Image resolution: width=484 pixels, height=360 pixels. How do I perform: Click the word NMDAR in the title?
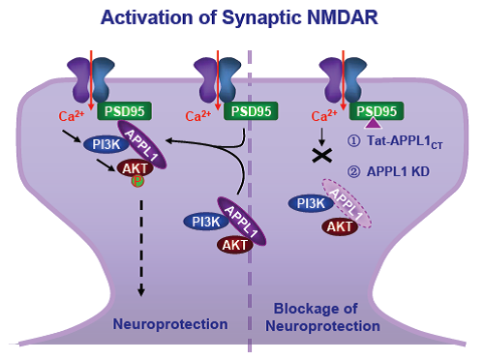[342, 17]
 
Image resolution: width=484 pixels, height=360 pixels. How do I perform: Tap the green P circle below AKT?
[137, 181]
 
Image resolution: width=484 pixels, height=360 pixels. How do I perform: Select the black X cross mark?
[322, 156]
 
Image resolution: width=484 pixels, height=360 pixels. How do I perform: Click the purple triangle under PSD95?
[374, 123]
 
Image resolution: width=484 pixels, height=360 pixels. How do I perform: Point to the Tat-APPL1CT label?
[405, 141]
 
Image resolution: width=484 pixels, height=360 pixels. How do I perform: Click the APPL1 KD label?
[398, 171]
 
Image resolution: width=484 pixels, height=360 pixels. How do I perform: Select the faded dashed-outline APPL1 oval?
[348, 203]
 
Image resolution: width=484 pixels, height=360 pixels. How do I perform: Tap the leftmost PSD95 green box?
[124, 111]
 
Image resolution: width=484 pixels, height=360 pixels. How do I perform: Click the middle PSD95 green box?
[251, 111]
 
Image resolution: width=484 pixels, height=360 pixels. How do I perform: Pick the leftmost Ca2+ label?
[72, 115]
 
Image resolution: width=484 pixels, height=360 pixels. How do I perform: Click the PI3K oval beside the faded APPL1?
[311, 203]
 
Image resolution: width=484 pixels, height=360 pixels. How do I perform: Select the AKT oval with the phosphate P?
[135, 168]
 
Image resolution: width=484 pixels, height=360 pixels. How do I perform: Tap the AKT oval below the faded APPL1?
[340, 226]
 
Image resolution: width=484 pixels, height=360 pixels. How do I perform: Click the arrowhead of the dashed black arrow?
[141, 291]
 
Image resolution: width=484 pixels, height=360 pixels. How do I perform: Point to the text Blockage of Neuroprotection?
[322, 317]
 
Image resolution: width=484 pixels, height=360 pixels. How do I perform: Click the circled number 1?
[354, 141]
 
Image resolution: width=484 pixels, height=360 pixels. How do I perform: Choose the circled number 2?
[354, 171]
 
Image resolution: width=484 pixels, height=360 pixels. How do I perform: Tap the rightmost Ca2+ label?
[324, 115]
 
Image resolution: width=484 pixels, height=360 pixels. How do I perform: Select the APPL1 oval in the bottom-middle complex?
[242, 221]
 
